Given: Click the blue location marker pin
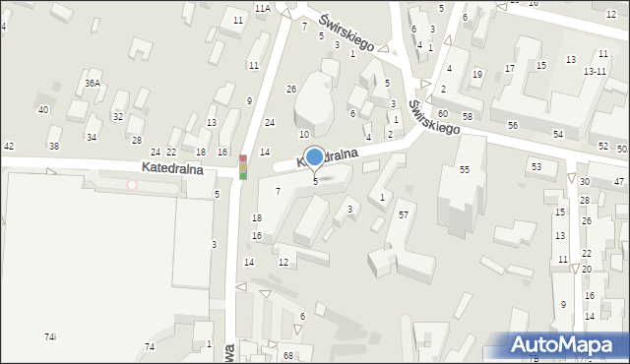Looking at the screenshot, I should click(314, 156).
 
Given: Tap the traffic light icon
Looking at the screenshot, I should click(242, 166).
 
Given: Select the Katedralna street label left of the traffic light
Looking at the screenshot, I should click(172, 168).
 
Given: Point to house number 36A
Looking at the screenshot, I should click(92, 84).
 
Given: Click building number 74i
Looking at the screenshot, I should click(50, 337).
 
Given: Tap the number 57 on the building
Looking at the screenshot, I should click(404, 214).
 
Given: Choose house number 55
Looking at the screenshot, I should click(464, 170).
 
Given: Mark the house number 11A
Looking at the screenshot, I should click(263, 8).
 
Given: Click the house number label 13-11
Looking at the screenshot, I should click(595, 72).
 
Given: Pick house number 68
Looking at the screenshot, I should click(288, 355).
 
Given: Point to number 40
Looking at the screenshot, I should click(43, 109).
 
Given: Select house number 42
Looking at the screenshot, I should click(9, 147).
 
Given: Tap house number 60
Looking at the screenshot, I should click(443, 115).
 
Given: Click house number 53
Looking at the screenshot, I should click(535, 166).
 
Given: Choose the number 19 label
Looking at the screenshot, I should click(477, 75).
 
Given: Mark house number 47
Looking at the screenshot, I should click(619, 182).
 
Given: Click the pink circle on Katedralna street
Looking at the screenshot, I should click(131, 184).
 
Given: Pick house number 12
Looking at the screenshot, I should click(283, 262).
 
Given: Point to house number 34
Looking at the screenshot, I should click(91, 137).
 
